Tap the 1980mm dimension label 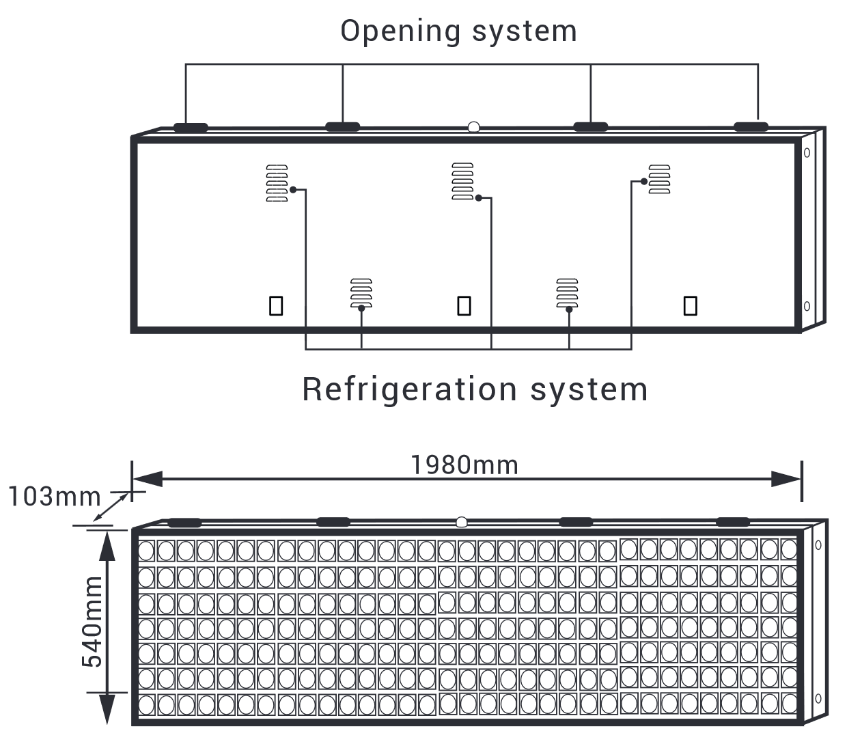coord(464,465)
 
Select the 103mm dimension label coord(54,497)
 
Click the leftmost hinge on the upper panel coord(191,127)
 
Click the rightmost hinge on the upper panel coord(751,126)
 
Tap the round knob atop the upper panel coord(473,126)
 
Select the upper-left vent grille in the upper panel coord(277,183)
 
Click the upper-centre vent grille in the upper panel coord(462,181)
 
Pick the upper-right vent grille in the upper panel coord(659,179)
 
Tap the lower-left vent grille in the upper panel coord(361,293)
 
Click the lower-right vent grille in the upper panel coord(567,293)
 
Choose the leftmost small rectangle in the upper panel coord(276,305)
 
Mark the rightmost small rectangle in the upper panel coord(690,305)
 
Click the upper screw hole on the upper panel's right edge coord(807,153)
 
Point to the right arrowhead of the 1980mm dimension coord(785,479)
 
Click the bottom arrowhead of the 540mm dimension coord(107,710)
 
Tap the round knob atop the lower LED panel coord(462,523)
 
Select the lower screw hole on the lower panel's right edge coord(818,698)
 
